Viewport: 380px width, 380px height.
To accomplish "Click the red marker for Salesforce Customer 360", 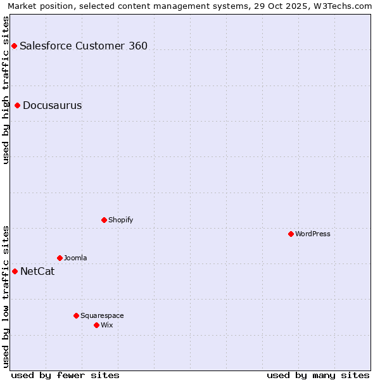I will point(14,46).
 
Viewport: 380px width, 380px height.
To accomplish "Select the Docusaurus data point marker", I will point(18,105).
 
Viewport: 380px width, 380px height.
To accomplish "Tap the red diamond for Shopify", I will point(104,220).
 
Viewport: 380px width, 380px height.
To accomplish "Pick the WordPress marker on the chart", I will point(291,234).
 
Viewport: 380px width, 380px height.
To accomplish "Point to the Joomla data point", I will point(60,258).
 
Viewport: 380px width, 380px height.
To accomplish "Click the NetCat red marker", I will point(15,271).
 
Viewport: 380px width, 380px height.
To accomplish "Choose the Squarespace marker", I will point(77,315).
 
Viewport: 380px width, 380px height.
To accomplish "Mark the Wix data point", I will point(97,325).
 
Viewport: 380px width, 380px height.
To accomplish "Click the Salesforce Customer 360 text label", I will point(84,46).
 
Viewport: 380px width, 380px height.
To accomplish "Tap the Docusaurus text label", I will point(53,105).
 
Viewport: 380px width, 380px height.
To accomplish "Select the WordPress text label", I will point(313,234).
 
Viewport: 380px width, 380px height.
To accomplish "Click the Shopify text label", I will point(120,220).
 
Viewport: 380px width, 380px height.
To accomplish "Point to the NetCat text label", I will point(37,271).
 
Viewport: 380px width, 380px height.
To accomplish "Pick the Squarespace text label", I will point(102,315).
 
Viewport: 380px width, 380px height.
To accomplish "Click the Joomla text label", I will point(75,258).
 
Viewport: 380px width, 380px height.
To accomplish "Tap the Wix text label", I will point(107,325).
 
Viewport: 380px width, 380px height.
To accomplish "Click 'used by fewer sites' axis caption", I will point(65,375).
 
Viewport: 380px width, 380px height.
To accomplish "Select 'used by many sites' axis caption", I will point(318,375).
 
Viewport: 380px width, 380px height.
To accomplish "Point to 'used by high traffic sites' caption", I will point(6,90).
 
